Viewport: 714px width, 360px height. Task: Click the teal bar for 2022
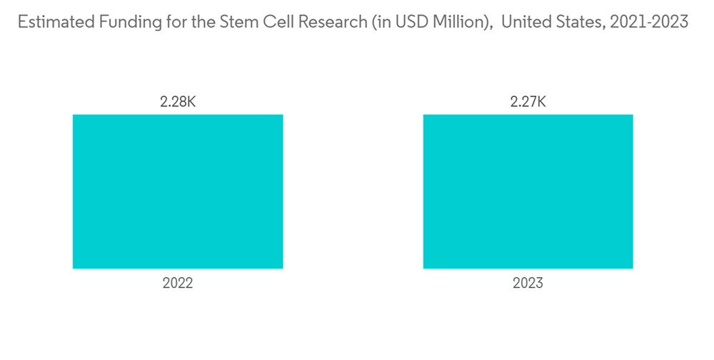pyautogui.click(x=178, y=191)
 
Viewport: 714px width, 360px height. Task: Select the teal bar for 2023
pyautogui.click(x=528, y=191)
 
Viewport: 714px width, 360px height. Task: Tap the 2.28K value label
pyautogui.click(x=178, y=102)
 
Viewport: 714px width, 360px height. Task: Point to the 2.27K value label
pyautogui.click(x=528, y=102)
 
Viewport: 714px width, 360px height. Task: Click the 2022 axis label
pyautogui.click(x=178, y=284)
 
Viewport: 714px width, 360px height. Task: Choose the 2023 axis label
pyautogui.click(x=528, y=284)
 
